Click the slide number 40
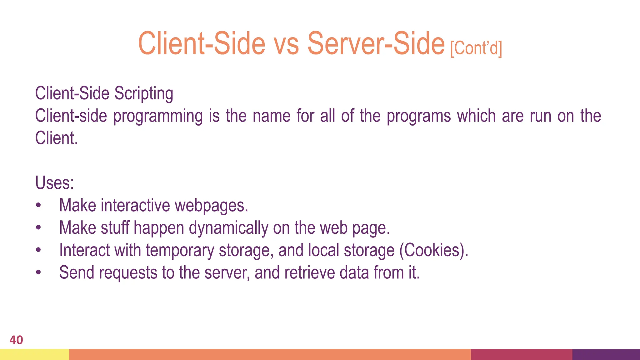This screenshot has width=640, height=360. point(16,340)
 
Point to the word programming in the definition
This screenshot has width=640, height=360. point(158,116)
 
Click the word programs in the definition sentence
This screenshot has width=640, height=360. point(419,116)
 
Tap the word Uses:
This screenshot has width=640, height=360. point(54,182)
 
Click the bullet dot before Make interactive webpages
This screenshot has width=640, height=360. point(38,205)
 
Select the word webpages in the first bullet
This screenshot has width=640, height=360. point(211,205)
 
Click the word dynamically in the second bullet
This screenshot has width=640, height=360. point(228,228)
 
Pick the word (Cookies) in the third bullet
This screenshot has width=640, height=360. point(434,250)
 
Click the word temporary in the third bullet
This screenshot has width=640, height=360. point(180,250)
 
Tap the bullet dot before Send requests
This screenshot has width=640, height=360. point(38,272)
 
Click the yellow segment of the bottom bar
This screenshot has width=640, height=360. point(34,354)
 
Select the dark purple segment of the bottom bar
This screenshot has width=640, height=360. point(606,354)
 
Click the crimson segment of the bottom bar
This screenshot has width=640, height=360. point(521,354)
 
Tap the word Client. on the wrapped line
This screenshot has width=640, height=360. point(56,138)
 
